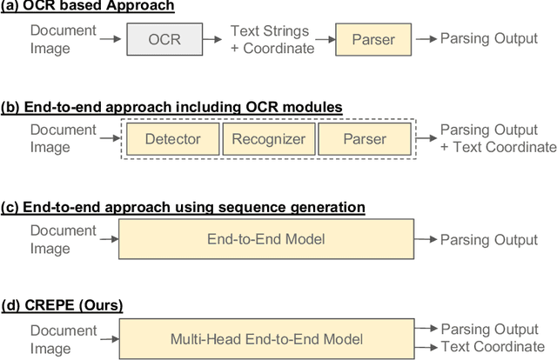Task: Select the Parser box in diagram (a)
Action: pyautogui.click(x=372, y=40)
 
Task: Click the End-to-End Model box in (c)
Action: pyautogui.click(x=266, y=239)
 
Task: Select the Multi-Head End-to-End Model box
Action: pyautogui.click(x=266, y=338)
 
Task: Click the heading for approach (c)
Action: pyautogui.click(x=182, y=207)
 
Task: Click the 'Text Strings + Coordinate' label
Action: pyautogui.click(x=272, y=40)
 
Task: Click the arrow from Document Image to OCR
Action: pyautogui.click(x=110, y=40)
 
